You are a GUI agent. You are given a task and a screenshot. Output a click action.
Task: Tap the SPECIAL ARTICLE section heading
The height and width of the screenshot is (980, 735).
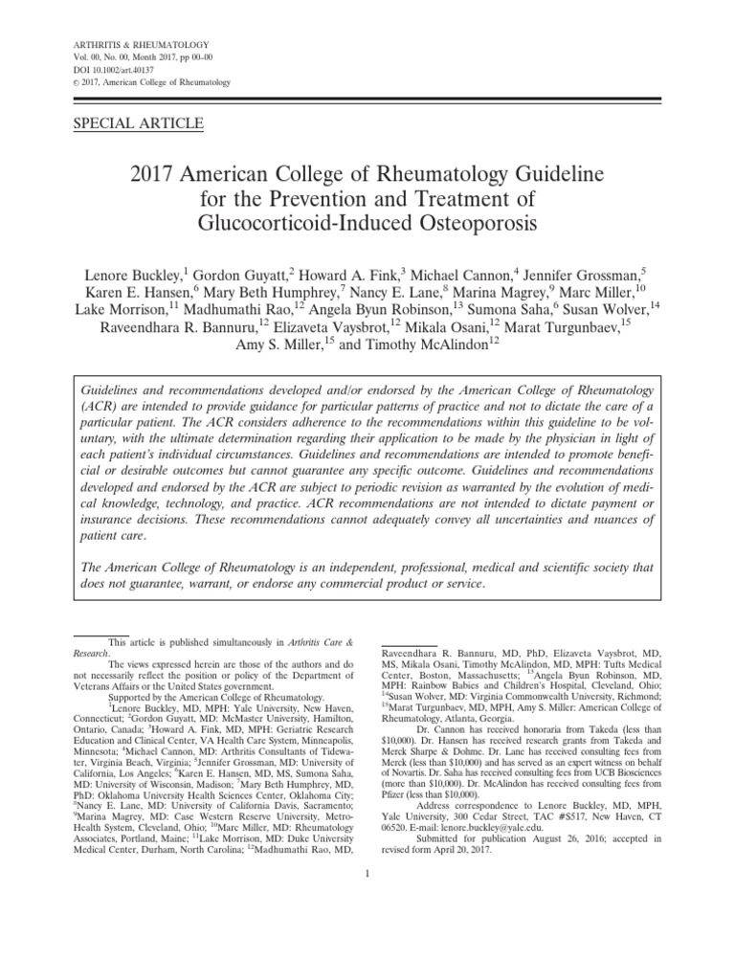[138, 122]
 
